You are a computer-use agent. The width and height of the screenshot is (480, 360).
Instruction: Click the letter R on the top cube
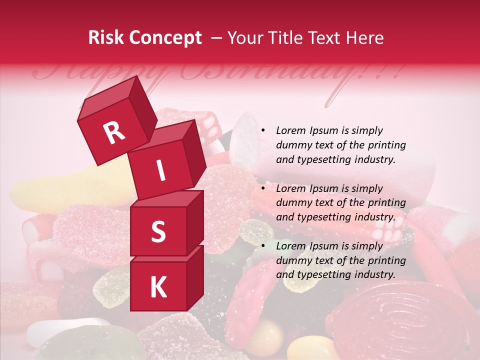coord(114,132)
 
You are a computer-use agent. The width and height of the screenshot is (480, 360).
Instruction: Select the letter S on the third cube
coord(158,231)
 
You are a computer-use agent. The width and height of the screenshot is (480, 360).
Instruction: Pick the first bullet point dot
coord(263,130)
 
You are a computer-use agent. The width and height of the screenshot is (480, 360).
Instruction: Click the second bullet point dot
coord(263,188)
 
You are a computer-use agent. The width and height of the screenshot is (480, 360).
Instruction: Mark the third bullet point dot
coord(263,246)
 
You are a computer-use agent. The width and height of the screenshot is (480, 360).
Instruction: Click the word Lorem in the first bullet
coord(290,130)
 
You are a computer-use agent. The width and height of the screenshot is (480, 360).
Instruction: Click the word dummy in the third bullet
coord(293,260)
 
